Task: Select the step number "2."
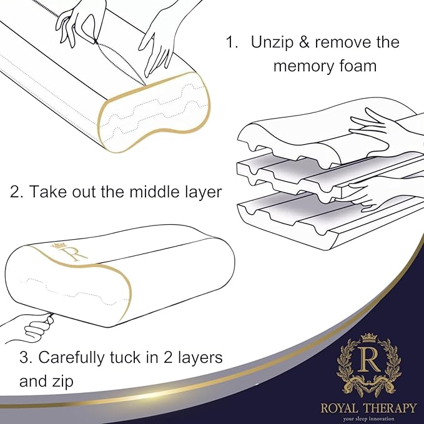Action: click(x=17, y=192)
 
